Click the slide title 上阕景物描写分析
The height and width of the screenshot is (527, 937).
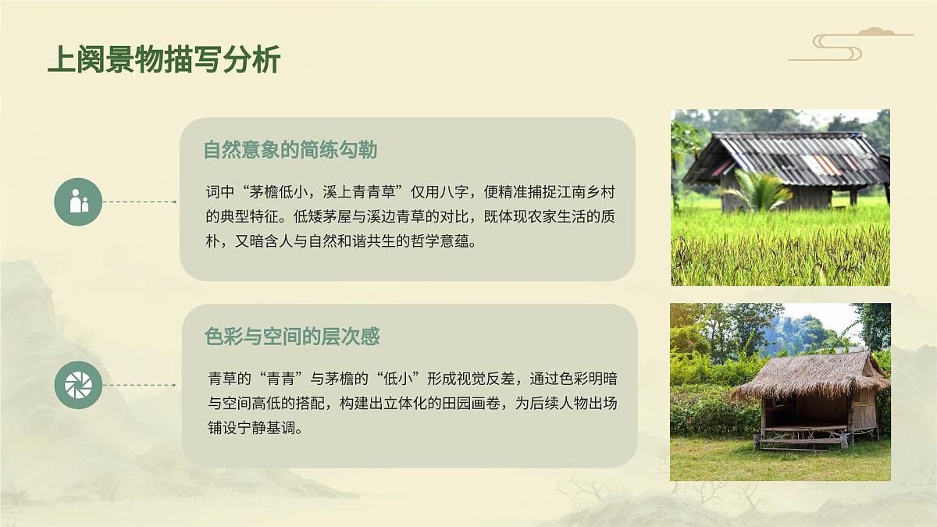pyautogui.click(x=163, y=59)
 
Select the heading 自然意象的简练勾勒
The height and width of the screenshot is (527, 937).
pyautogui.click(x=290, y=149)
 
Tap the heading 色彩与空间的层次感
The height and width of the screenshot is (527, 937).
pyautogui.click(x=292, y=336)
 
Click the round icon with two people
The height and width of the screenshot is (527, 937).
pyautogui.click(x=78, y=201)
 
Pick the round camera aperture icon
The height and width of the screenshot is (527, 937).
pyautogui.click(x=78, y=385)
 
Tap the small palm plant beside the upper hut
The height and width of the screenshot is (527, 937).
pyautogui.click(x=757, y=191)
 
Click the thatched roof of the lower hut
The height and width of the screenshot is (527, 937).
pyautogui.click(x=808, y=375)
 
